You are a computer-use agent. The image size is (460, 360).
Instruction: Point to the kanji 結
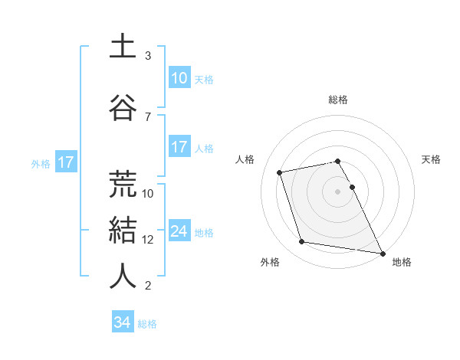point(123,229)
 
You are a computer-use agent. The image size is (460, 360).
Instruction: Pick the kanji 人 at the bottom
point(123,276)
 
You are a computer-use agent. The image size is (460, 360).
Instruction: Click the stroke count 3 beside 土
point(148,56)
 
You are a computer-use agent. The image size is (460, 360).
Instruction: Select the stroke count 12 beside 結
point(148,239)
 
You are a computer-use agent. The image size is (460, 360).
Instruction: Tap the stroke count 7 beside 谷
point(148,116)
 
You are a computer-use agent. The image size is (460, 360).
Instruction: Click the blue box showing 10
point(179,78)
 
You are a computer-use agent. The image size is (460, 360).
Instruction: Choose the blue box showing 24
point(179,231)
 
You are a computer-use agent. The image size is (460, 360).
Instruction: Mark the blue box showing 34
point(122,322)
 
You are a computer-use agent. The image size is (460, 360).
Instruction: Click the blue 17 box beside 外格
point(65,162)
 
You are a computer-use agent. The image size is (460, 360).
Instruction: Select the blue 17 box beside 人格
point(179,147)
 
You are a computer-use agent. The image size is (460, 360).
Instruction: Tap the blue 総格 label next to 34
point(147,324)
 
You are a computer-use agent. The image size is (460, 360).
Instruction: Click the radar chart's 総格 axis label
point(338,100)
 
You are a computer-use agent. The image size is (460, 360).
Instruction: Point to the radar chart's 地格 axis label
point(402,262)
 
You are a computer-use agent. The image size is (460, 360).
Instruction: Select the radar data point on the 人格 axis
point(280,172)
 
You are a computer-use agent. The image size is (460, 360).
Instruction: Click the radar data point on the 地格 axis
point(382,253)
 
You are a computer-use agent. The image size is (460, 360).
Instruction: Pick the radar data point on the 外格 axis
point(302,242)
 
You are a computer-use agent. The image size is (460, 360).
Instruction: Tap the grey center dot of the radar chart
point(338,191)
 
